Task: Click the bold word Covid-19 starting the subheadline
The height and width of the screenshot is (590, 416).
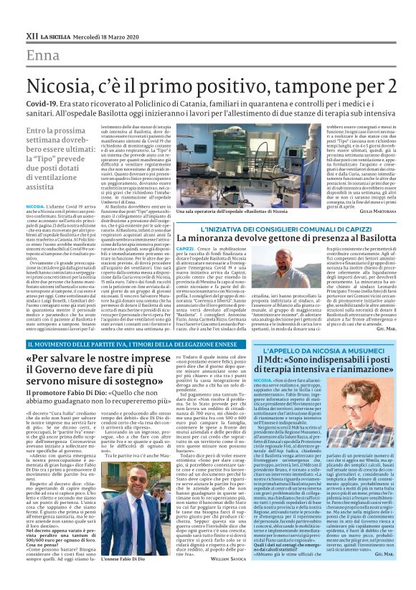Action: point(42,104)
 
